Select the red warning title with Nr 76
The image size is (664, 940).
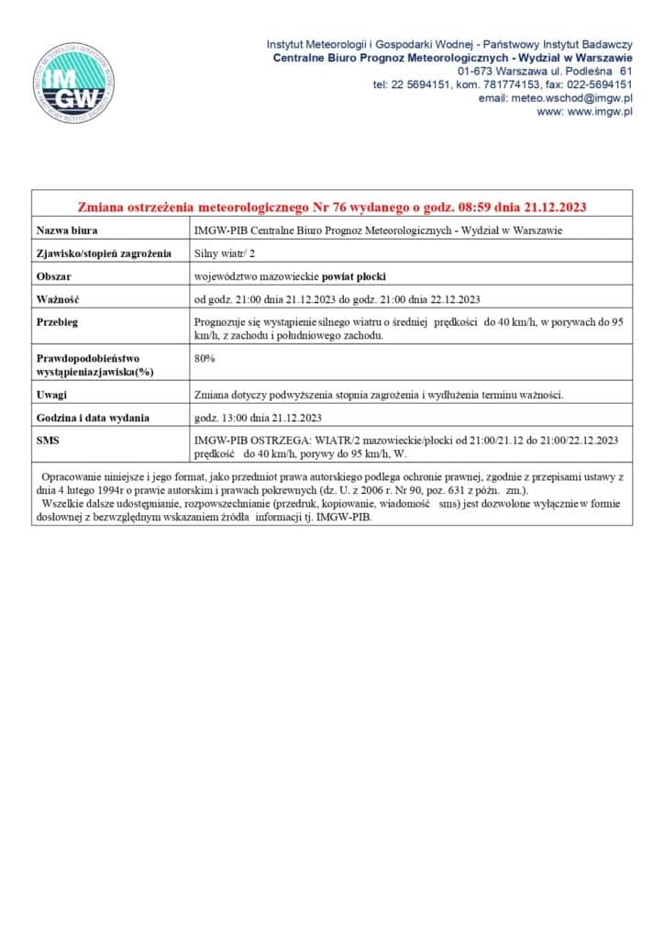click(x=331, y=206)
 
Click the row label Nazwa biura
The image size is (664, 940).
click(x=67, y=229)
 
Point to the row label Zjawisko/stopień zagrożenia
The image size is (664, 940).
click(x=104, y=253)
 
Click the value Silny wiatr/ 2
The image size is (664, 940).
click(x=226, y=253)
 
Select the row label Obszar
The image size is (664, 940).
click(x=54, y=276)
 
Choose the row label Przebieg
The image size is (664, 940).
click(x=57, y=322)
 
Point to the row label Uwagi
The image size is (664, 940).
click(x=52, y=395)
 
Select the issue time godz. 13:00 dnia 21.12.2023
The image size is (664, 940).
click(x=258, y=418)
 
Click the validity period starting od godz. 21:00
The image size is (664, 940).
click(x=338, y=299)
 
